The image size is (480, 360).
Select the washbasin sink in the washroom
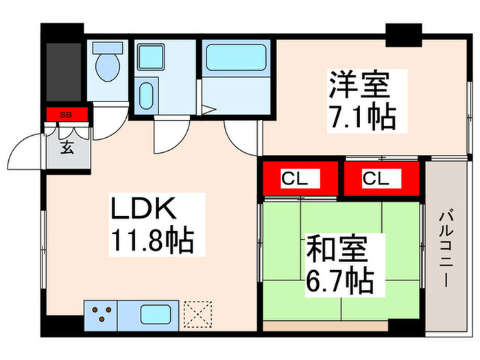point(146,96)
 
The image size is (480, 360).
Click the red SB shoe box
point(67,115)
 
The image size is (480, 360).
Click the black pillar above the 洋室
point(403,34)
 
